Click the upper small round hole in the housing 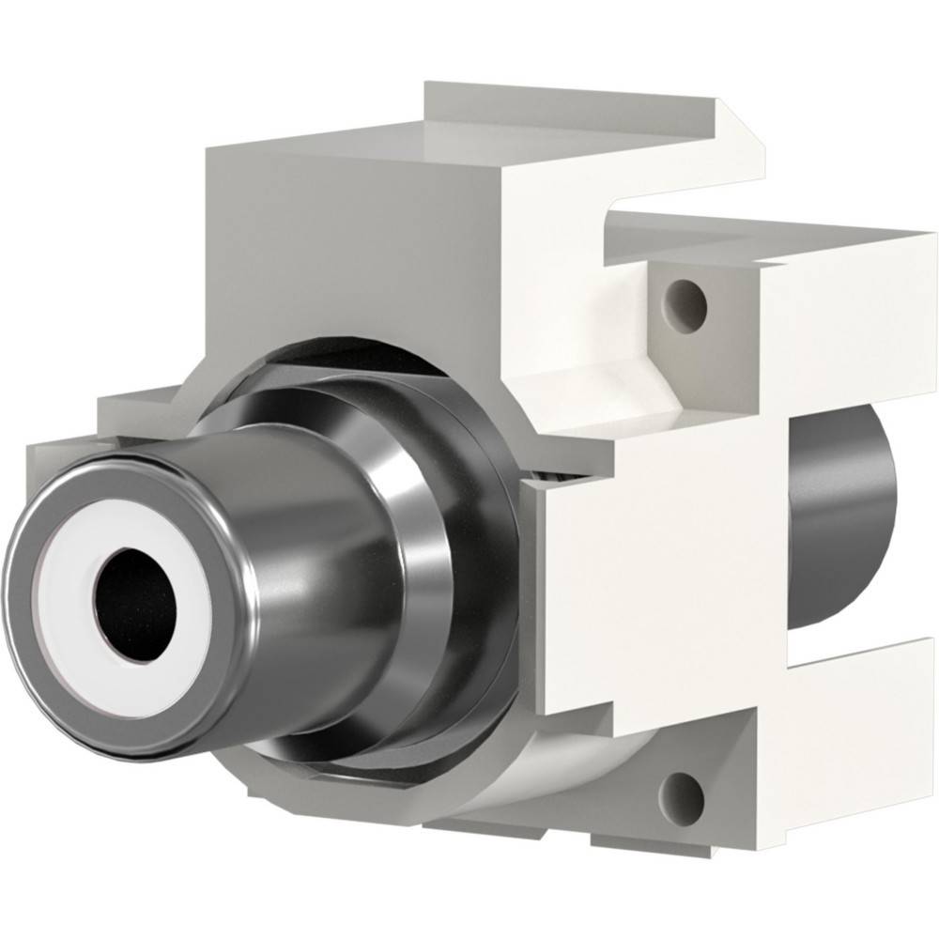[685, 296]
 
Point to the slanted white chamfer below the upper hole [620, 376]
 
